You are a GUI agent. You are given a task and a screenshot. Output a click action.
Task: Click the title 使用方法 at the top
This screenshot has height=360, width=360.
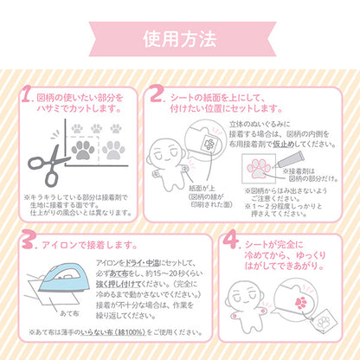point(180,39)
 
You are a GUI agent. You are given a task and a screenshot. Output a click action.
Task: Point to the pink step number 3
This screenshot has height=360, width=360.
point(27,239)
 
